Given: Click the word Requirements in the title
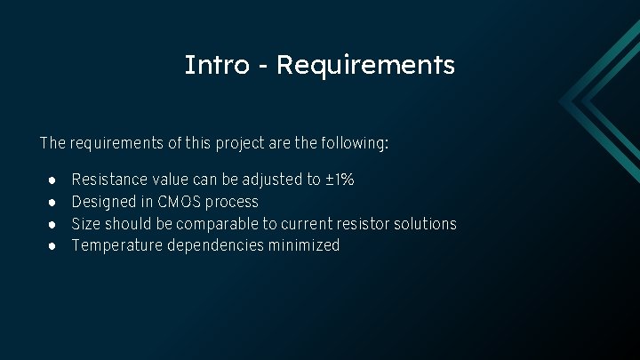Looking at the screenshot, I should click(x=365, y=65).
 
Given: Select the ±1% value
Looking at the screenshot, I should click(x=340, y=180).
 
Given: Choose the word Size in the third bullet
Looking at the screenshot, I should click(x=86, y=224).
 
